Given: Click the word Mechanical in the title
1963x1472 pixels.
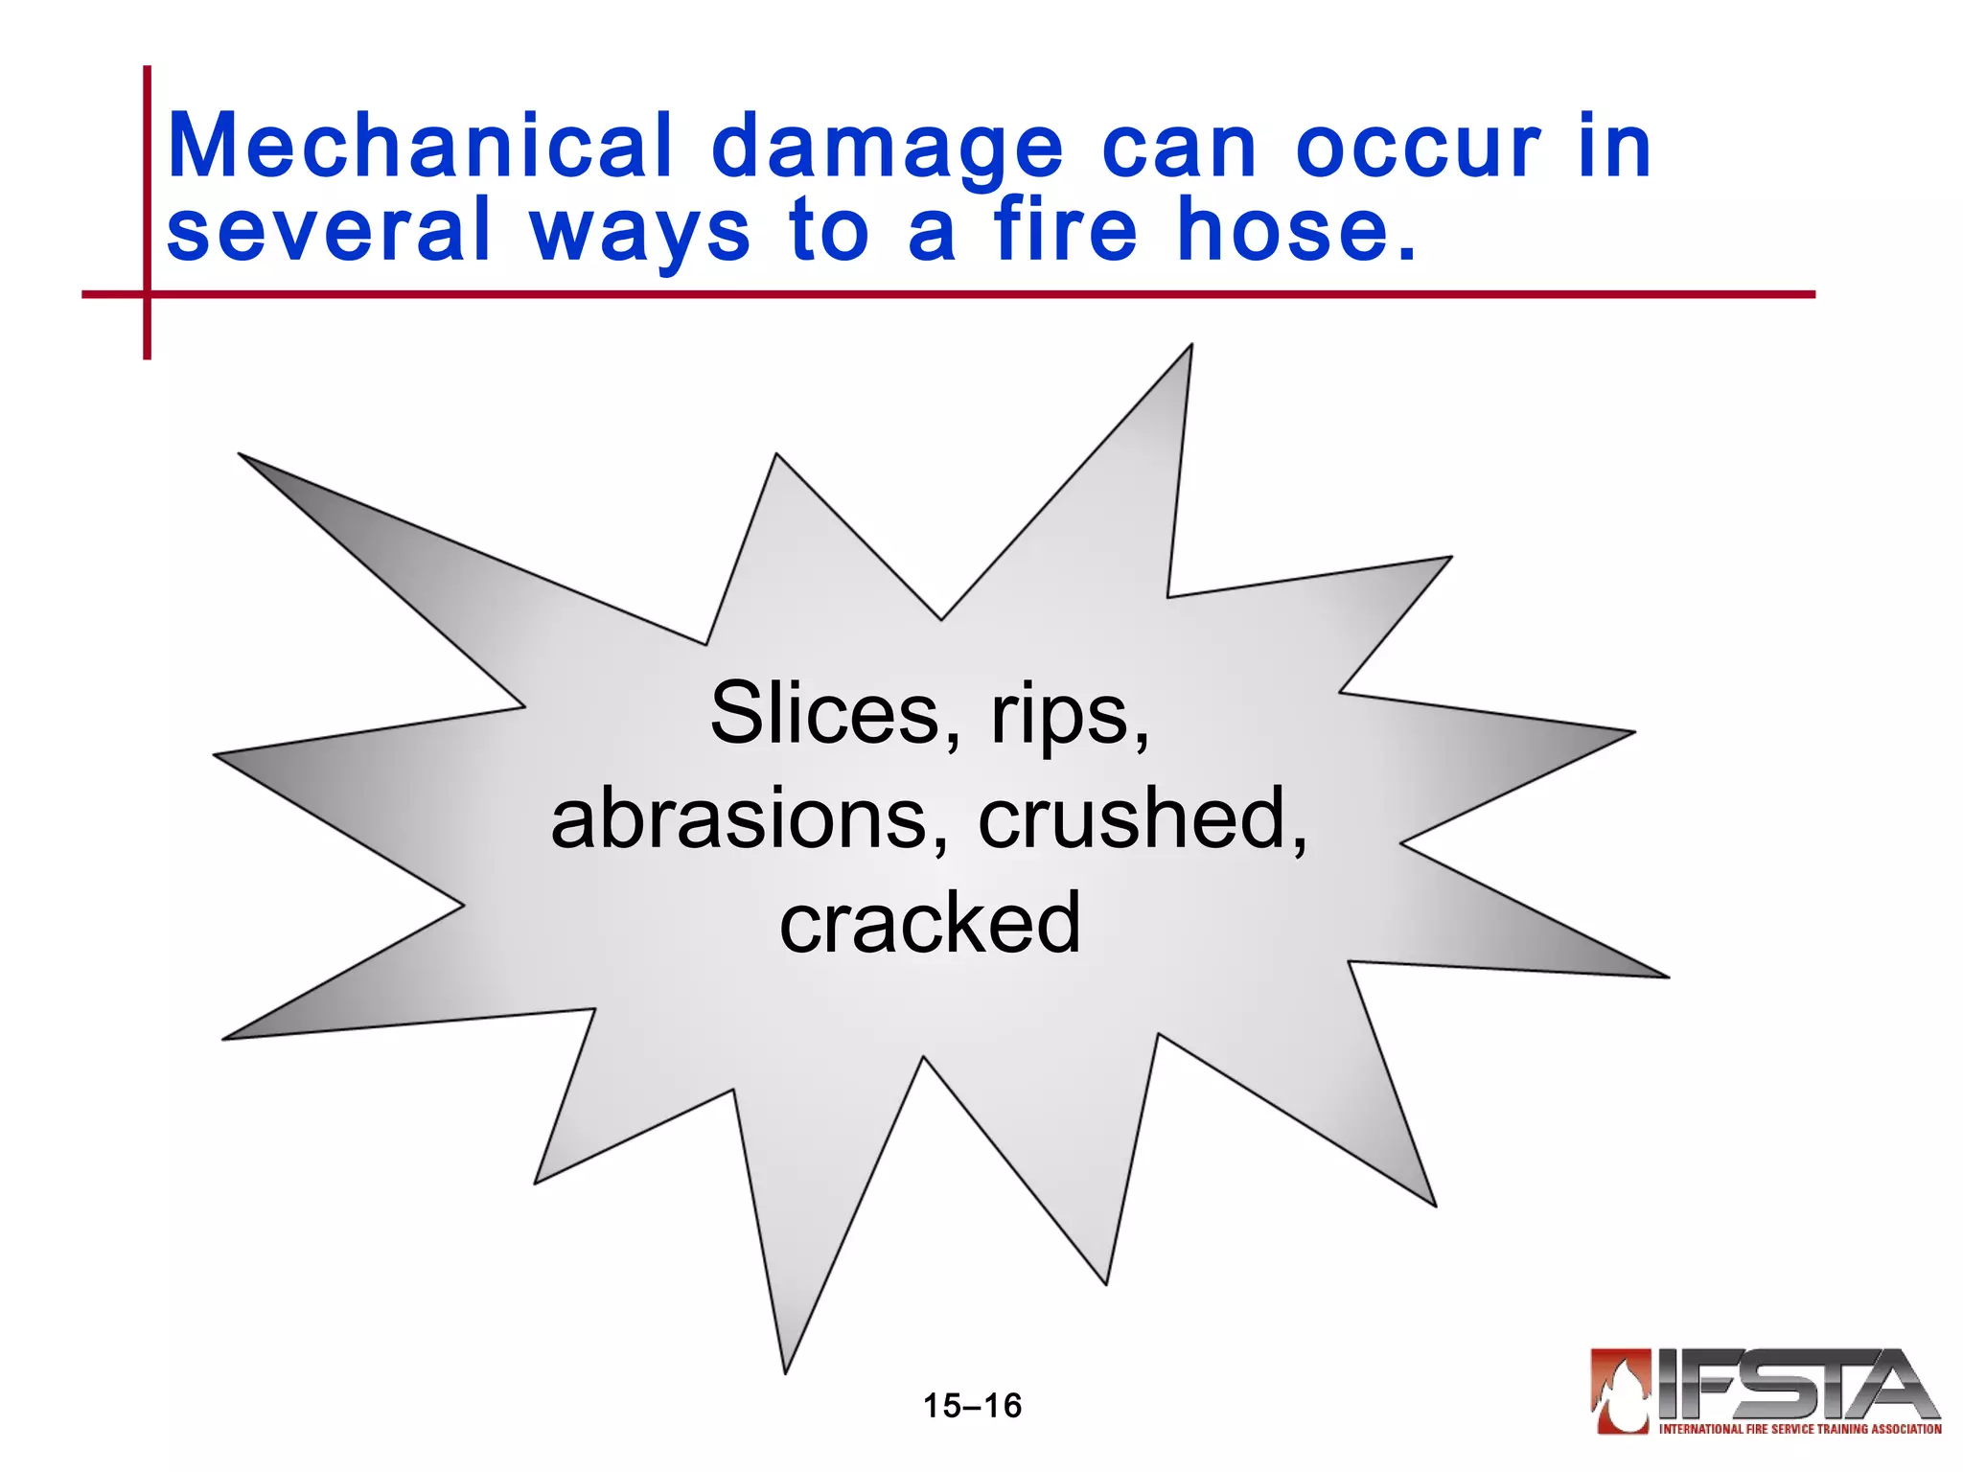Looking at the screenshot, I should [x=420, y=147].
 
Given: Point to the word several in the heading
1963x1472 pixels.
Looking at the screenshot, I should [x=329, y=230].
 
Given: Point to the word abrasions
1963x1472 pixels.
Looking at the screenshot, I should [x=748, y=819].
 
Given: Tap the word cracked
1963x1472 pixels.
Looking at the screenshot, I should [x=930, y=922].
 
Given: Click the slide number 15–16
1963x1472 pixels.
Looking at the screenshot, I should [x=972, y=1406].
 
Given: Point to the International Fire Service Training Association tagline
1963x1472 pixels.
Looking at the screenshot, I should [x=1800, y=1429].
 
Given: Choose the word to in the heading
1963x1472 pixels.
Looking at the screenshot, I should [x=829, y=230].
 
